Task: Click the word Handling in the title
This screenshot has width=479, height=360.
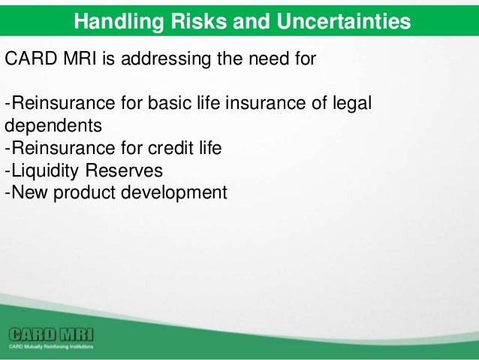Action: [x=119, y=22]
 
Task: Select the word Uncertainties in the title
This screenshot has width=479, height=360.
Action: [x=343, y=21]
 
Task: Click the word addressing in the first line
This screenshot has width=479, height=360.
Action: [x=166, y=59]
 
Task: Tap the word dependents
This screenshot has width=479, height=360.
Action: [x=53, y=126]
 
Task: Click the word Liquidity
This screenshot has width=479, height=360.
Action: [x=45, y=171]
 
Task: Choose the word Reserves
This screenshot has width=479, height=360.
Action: [x=124, y=171]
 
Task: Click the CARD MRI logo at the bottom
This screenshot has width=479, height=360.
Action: [x=51, y=334]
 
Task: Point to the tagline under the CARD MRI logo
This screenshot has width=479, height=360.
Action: [x=51, y=347]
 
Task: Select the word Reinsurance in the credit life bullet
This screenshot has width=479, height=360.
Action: [x=63, y=148]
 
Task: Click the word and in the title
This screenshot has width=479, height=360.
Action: [x=252, y=21]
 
